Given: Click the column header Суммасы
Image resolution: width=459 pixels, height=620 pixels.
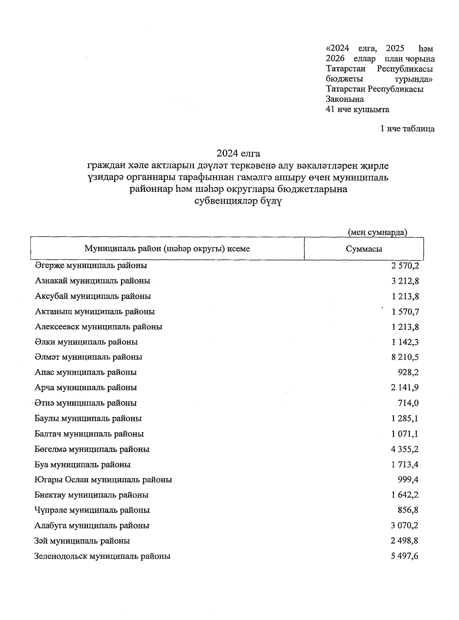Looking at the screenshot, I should point(364,249).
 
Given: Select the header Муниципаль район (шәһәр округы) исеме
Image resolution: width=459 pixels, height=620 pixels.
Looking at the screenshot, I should point(167,249).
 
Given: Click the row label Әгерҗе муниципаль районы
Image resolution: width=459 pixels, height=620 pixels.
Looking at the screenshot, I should point(91,265).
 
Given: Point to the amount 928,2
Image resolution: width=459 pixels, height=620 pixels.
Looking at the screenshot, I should point(408,372).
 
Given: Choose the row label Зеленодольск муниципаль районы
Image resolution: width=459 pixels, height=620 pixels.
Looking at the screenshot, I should point(103,556).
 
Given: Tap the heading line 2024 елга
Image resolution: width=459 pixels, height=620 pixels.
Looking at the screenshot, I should point(238,153).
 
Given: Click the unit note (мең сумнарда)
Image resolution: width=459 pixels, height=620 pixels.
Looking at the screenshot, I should point(377,232).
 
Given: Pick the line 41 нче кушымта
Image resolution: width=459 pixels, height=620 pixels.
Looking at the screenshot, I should point(357,109).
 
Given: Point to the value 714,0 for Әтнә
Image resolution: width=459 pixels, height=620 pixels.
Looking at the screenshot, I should point(408,403).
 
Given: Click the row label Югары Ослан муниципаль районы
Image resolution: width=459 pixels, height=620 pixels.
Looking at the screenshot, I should point(103,480).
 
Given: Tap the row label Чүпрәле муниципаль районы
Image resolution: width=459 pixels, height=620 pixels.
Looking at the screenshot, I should point(92,510).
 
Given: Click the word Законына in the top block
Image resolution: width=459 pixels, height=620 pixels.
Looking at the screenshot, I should point(345,99).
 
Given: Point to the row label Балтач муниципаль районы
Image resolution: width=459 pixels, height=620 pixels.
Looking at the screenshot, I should point(89,434).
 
